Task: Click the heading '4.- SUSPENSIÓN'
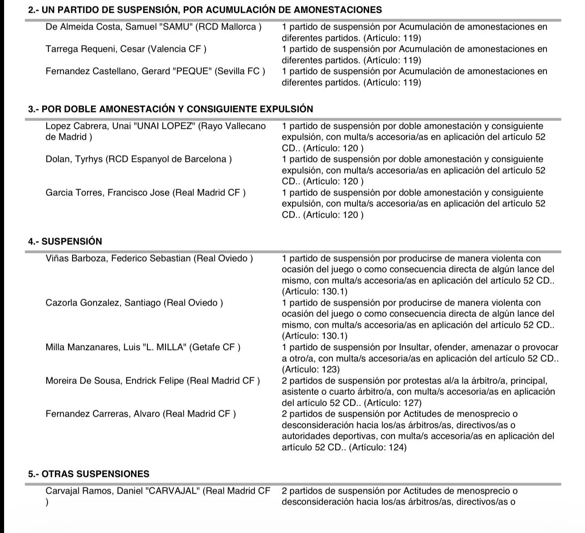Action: (65, 242)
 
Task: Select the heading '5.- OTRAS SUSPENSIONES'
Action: (88, 474)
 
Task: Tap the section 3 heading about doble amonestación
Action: (171, 109)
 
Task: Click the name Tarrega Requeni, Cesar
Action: (95, 49)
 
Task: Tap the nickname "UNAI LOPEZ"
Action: (164, 126)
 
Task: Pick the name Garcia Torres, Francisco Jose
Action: (107, 193)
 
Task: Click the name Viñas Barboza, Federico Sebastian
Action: (118, 258)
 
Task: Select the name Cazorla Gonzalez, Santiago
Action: (103, 303)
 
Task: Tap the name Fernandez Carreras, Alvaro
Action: (103, 414)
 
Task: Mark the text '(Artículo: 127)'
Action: (393, 402)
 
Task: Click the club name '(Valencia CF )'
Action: (177, 49)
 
